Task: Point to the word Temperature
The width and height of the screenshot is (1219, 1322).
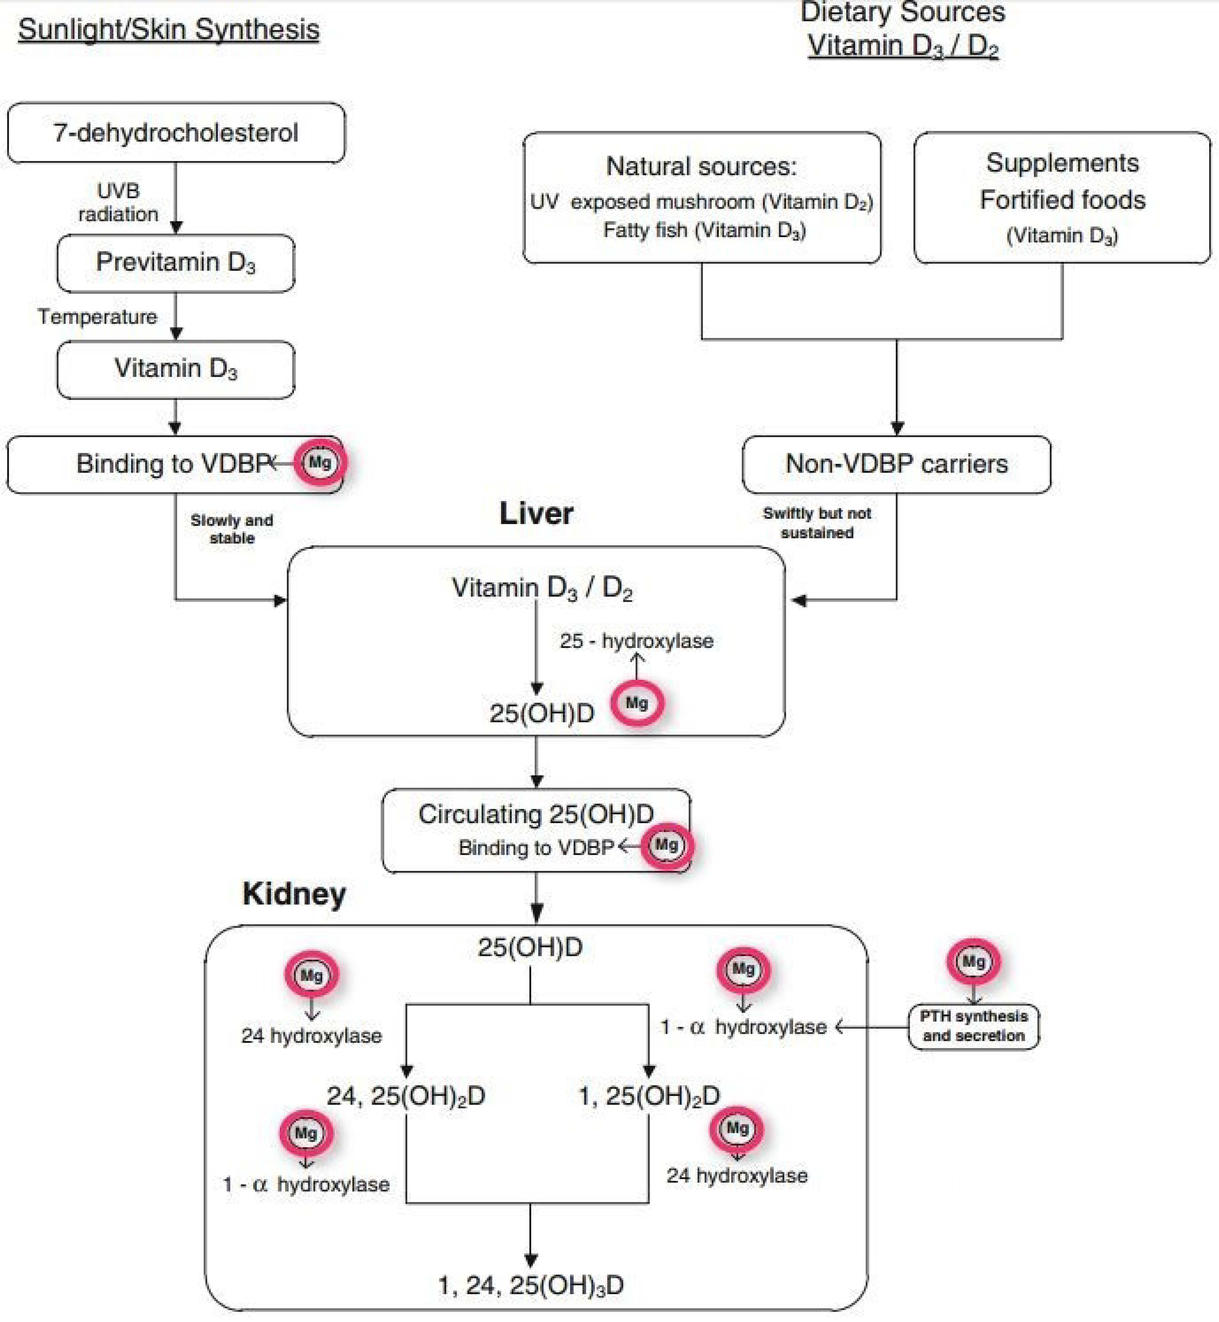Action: point(97,317)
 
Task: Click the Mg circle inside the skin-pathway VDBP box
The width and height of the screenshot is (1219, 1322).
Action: point(320,462)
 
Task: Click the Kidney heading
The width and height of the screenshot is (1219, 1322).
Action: point(294,894)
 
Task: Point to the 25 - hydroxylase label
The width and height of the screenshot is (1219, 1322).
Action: point(637,641)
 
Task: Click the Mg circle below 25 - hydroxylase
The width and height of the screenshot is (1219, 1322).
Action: point(637,703)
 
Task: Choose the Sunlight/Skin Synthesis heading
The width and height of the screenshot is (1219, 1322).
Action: point(169,30)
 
